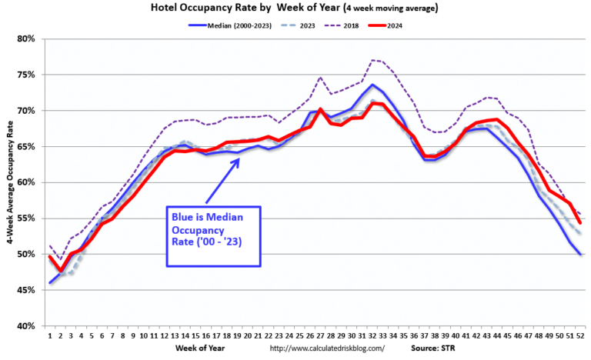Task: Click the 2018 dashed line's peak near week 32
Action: (372, 59)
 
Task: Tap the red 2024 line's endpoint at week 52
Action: (579, 223)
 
